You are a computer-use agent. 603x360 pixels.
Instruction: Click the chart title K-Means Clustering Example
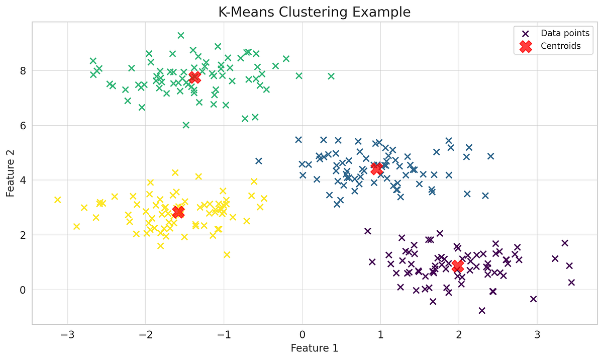coord(314,12)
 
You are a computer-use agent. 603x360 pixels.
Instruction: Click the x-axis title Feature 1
coord(314,348)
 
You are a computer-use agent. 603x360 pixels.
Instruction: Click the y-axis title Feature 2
coord(11,172)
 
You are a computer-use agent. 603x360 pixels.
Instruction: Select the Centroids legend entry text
coord(560,46)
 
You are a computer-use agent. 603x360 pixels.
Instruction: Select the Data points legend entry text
coord(565,34)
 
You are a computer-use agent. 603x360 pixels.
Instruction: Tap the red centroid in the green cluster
coord(194,77)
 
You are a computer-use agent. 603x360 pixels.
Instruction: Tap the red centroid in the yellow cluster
coord(178,212)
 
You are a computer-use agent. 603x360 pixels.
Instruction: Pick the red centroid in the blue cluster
coord(376,169)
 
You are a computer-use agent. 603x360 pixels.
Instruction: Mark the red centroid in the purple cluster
coord(457,266)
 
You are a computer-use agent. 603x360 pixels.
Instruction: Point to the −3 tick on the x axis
coord(67,334)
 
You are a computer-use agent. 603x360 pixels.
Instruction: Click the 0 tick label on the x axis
coord(302,334)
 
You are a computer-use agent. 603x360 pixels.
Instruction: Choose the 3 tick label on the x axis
coord(537,334)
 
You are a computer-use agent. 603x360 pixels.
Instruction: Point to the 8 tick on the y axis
coord(23,71)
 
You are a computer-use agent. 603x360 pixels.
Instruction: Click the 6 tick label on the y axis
coord(23,126)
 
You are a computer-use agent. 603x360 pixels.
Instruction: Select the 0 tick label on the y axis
coord(23,290)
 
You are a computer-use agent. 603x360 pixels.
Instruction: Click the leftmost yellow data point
coord(57,200)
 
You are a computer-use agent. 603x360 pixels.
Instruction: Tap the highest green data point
coord(181,35)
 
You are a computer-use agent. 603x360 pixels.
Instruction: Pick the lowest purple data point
coord(482,310)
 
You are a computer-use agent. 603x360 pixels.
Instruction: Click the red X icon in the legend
coord(525,46)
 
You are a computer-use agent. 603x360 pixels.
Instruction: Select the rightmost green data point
coord(331,76)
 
